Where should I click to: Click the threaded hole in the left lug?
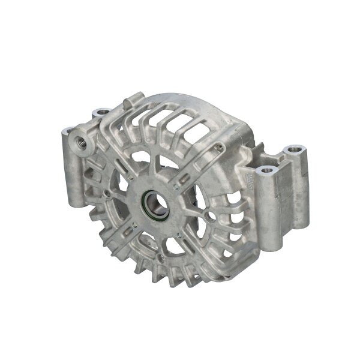pos(79,141)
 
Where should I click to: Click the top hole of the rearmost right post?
pos(293,149)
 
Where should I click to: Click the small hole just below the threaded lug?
pos(107,193)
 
